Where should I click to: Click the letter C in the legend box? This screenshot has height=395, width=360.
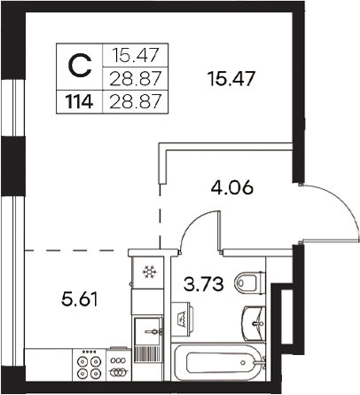[80, 65]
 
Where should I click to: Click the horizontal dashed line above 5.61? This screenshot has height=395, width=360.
[67, 251]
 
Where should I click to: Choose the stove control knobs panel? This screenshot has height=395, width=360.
[117, 364]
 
